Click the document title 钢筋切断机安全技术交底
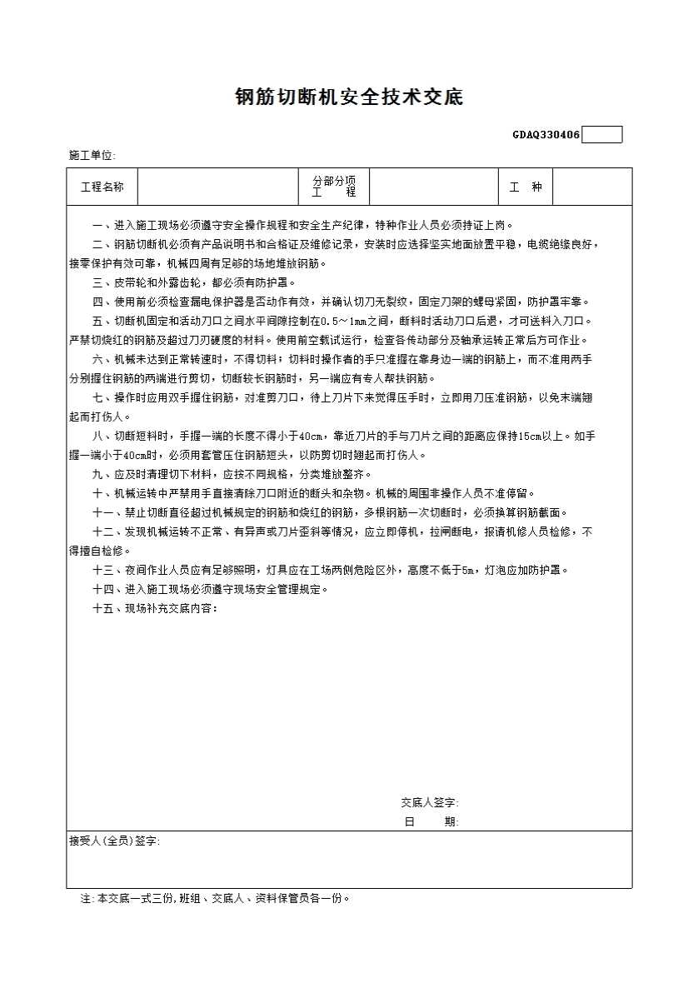point(348,97)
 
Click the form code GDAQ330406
point(546,135)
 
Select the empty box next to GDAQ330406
point(601,135)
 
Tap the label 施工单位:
point(92,156)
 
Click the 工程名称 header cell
point(102,187)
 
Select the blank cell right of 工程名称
point(218,187)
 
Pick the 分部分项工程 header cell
point(334,187)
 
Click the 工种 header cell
point(526,187)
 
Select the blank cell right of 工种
point(592,187)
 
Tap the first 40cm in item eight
point(311,436)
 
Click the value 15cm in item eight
point(531,436)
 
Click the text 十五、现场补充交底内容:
point(155,608)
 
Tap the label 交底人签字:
point(429,803)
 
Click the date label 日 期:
point(431,822)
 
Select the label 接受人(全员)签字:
point(114,841)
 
